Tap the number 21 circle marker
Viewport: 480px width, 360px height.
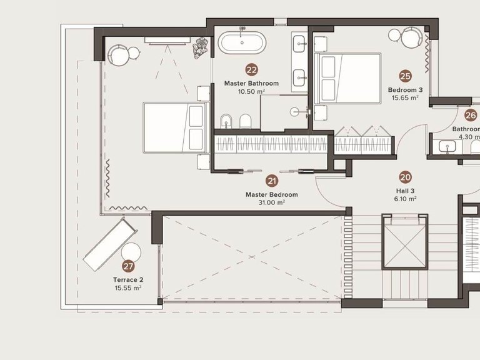click(x=272, y=181)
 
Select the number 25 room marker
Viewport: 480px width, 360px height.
click(x=405, y=76)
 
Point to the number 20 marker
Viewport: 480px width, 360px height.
click(x=405, y=177)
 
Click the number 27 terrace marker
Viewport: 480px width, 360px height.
click(x=128, y=266)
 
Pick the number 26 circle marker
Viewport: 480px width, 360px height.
click(x=470, y=115)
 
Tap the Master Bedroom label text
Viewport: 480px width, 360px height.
click(x=272, y=194)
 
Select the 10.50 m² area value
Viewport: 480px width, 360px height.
click(x=251, y=91)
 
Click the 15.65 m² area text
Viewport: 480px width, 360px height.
click(x=405, y=97)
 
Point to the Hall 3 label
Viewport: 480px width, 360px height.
click(x=406, y=191)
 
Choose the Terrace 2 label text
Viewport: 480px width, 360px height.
click(x=128, y=279)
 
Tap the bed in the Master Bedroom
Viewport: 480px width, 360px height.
click(x=174, y=127)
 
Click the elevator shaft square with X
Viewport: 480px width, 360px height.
click(x=406, y=244)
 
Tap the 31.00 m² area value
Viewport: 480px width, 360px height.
click(x=272, y=202)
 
